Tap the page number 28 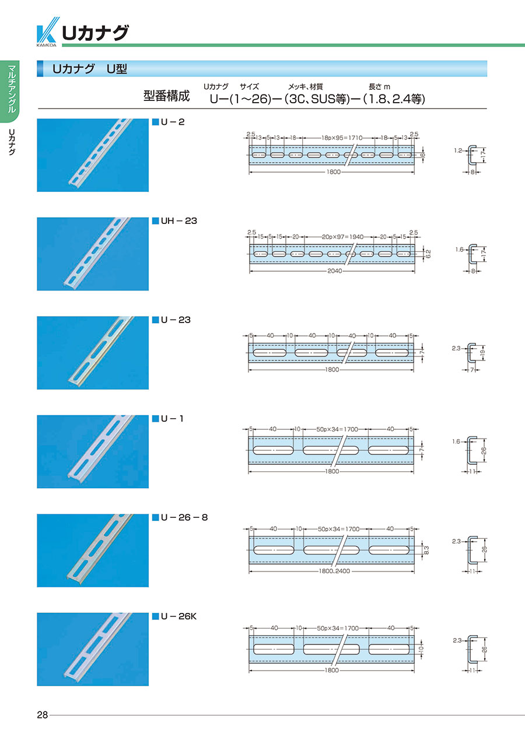click(x=43, y=715)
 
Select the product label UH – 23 click(x=178, y=221)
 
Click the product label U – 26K click(x=178, y=616)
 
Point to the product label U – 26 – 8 click(x=184, y=517)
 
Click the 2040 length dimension click(x=334, y=271)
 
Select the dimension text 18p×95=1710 click(x=342, y=138)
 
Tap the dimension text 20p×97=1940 click(x=343, y=237)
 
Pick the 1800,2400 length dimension click(x=334, y=571)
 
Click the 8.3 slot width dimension click(x=427, y=550)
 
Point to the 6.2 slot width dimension click(x=428, y=254)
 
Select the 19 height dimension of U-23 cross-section click(x=483, y=352)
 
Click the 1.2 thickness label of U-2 click(x=458, y=150)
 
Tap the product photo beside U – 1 click(x=93, y=451)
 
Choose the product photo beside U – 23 click(x=93, y=353)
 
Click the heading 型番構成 click(x=166, y=96)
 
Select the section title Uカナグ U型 click(x=90, y=69)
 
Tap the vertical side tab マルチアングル click(x=12, y=89)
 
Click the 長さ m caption click(x=379, y=87)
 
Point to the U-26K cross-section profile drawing click(x=473, y=649)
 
